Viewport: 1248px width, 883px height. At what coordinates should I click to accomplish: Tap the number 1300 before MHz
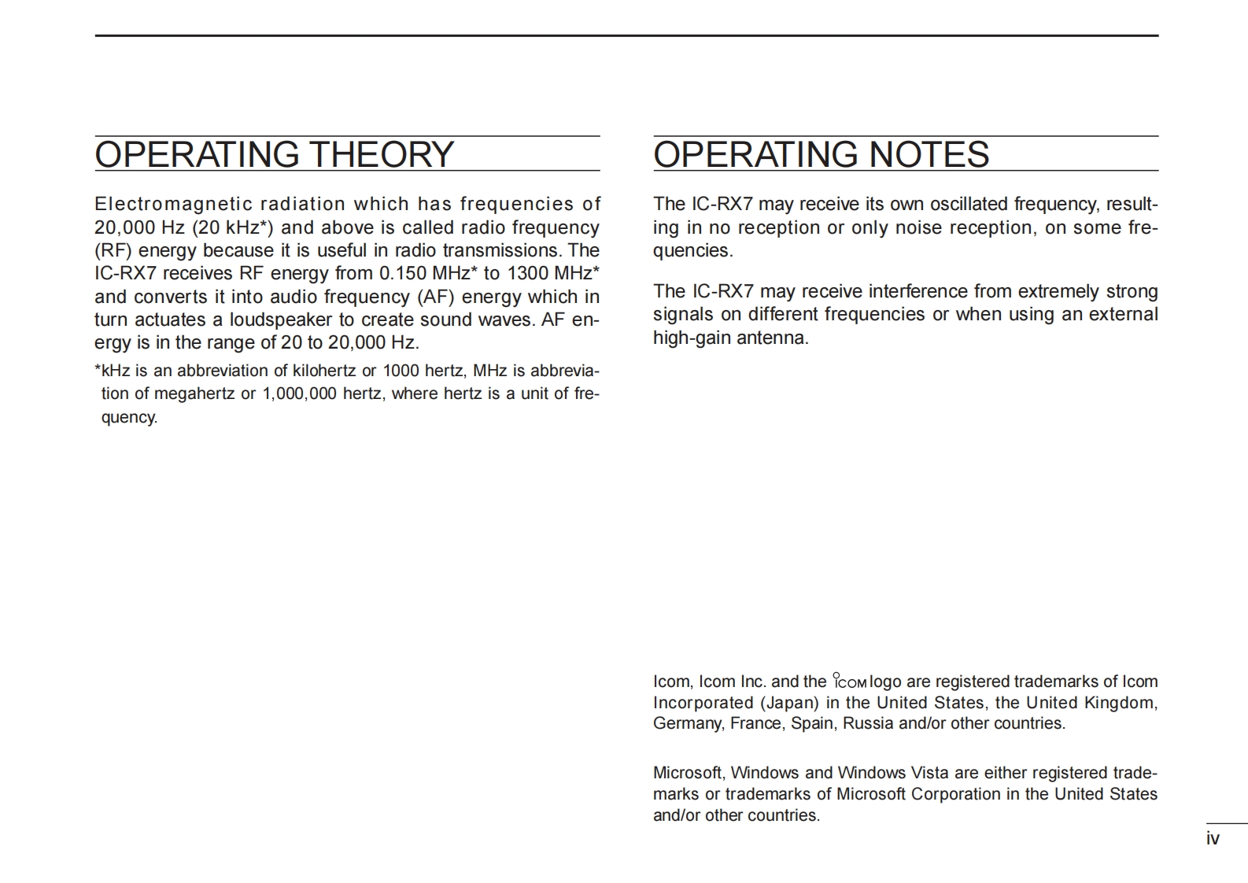coord(527,273)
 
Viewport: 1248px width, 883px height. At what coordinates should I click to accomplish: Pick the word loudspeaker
coord(281,320)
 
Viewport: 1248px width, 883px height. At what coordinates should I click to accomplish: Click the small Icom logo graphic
coord(850,682)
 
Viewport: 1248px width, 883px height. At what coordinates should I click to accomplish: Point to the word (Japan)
coord(789,703)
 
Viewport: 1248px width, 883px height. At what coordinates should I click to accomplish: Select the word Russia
coord(868,723)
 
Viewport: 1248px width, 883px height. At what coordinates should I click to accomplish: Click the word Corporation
coord(955,794)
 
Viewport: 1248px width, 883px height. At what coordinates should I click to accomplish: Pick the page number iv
coord(1213,839)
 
